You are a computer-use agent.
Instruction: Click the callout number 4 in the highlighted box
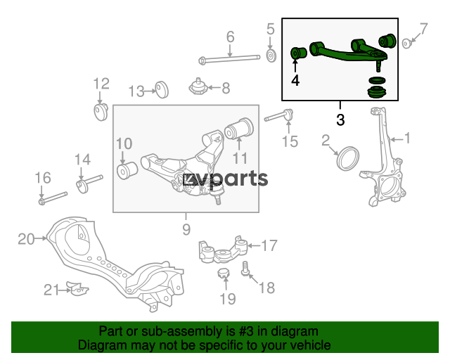click(295, 80)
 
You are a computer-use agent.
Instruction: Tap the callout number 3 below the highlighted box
click(340, 120)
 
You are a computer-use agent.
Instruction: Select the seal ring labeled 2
click(347, 158)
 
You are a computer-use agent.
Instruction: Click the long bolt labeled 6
click(230, 59)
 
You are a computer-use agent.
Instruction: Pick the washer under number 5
click(271, 56)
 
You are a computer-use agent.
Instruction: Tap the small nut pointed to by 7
click(406, 44)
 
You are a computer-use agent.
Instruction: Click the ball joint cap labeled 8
click(198, 86)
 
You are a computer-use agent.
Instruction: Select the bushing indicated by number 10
click(127, 170)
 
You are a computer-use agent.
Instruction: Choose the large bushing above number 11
click(239, 128)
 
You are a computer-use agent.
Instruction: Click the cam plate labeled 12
click(101, 112)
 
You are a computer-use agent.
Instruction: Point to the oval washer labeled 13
click(162, 89)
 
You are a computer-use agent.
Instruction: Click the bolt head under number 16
click(42, 202)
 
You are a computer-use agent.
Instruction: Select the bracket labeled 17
click(223, 250)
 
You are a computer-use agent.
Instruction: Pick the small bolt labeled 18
click(245, 269)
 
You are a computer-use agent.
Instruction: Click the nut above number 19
click(224, 273)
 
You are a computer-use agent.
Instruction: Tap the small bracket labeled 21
click(77, 288)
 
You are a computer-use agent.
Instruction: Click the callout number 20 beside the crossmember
click(26, 239)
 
